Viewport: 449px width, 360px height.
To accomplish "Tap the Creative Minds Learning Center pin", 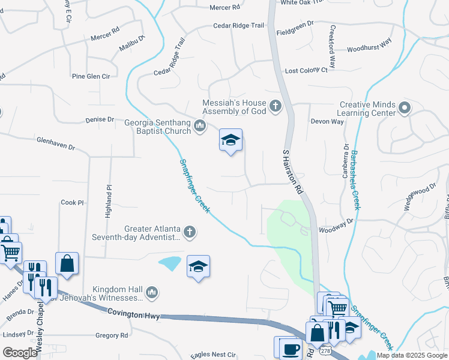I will [x=405, y=109].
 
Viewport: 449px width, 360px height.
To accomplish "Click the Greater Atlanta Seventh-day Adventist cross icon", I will [x=190, y=232].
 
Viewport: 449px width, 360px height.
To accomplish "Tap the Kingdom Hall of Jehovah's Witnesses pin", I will [x=152, y=292].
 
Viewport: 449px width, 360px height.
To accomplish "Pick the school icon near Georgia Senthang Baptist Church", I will [x=231, y=140].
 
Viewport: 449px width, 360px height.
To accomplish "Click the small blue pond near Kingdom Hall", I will [x=170, y=262].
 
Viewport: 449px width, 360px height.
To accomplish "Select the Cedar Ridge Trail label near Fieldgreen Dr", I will [x=238, y=26].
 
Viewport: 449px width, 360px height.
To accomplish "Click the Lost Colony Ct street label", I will [x=306, y=70].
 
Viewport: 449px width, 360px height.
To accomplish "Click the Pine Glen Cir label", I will [x=91, y=77].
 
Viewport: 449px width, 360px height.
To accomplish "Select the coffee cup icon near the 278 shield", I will [x=291, y=349].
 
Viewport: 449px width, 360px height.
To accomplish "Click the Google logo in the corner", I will [x=20, y=353].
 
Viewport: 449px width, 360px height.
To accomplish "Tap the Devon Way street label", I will [x=327, y=121].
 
